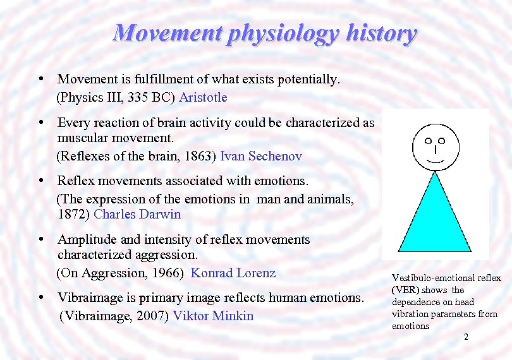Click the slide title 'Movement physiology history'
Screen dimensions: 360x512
(x=264, y=33)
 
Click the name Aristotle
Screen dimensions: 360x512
(x=203, y=97)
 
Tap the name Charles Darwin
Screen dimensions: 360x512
(x=137, y=213)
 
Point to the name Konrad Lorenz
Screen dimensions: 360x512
(x=233, y=273)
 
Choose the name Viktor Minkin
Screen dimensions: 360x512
(x=213, y=316)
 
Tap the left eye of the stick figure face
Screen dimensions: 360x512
(x=428, y=140)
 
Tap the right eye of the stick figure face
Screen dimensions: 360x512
(x=442, y=140)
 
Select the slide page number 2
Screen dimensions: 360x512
(x=466, y=337)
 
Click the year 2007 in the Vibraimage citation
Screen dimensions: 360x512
(x=154, y=316)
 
